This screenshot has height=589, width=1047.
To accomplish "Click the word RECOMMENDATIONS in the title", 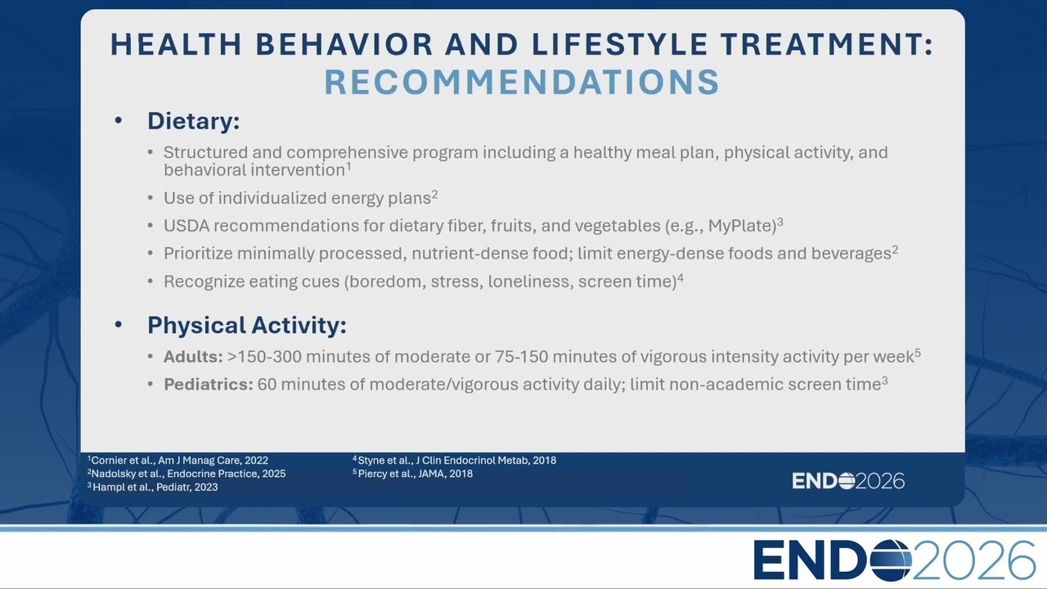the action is pyautogui.click(x=522, y=82).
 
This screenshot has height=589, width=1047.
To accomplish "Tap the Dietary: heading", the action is pyautogui.click(x=194, y=121).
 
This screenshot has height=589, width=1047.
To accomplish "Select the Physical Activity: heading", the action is pyautogui.click(x=247, y=325).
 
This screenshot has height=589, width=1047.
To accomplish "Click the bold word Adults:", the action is pyautogui.click(x=193, y=357).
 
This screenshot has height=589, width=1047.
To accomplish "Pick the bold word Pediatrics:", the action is pyautogui.click(x=209, y=384).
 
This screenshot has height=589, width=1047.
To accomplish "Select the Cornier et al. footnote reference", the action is pyautogui.click(x=177, y=461).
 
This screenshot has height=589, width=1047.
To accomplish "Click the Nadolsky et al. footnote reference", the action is pyautogui.click(x=186, y=474).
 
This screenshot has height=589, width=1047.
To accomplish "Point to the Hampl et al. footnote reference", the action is pyautogui.click(x=153, y=487).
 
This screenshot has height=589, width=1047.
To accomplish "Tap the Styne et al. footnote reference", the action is pyautogui.click(x=454, y=461).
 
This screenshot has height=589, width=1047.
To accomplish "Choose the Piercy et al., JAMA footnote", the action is pyautogui.click(x=413, y=474).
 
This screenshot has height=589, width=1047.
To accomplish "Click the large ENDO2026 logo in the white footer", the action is pyautogui.click(x=894, y=560).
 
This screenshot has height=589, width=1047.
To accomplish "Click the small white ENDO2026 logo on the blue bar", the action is pyautogui.click(x=848, y=481).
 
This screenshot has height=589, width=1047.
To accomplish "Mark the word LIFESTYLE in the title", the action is pyautogui.click(x=620, y=44).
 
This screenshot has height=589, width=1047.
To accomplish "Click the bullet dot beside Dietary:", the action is pyautogui.click(x=119, y=121).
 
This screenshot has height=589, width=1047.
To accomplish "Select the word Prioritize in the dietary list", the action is pyautogui.click(x=198, y=254).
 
